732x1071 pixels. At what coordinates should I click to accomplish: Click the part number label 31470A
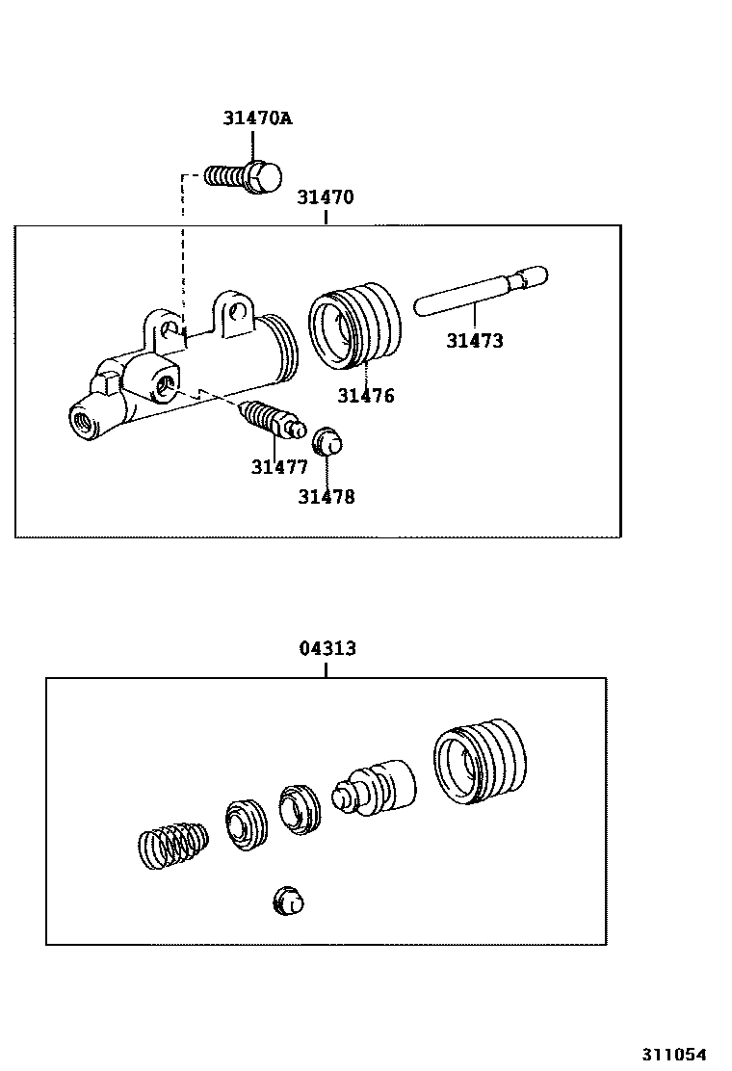pos(257,119)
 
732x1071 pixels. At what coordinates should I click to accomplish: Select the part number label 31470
pos(325,197)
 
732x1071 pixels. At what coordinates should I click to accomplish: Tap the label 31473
pos(474,340)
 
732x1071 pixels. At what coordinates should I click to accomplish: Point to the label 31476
pos(365,395)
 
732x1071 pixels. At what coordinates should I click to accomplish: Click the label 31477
pos(279,467)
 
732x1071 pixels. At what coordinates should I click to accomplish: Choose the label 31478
pos(326,497)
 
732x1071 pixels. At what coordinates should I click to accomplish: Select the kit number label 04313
pos(327,648)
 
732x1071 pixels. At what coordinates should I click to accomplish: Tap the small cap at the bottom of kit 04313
pos(288,901)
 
